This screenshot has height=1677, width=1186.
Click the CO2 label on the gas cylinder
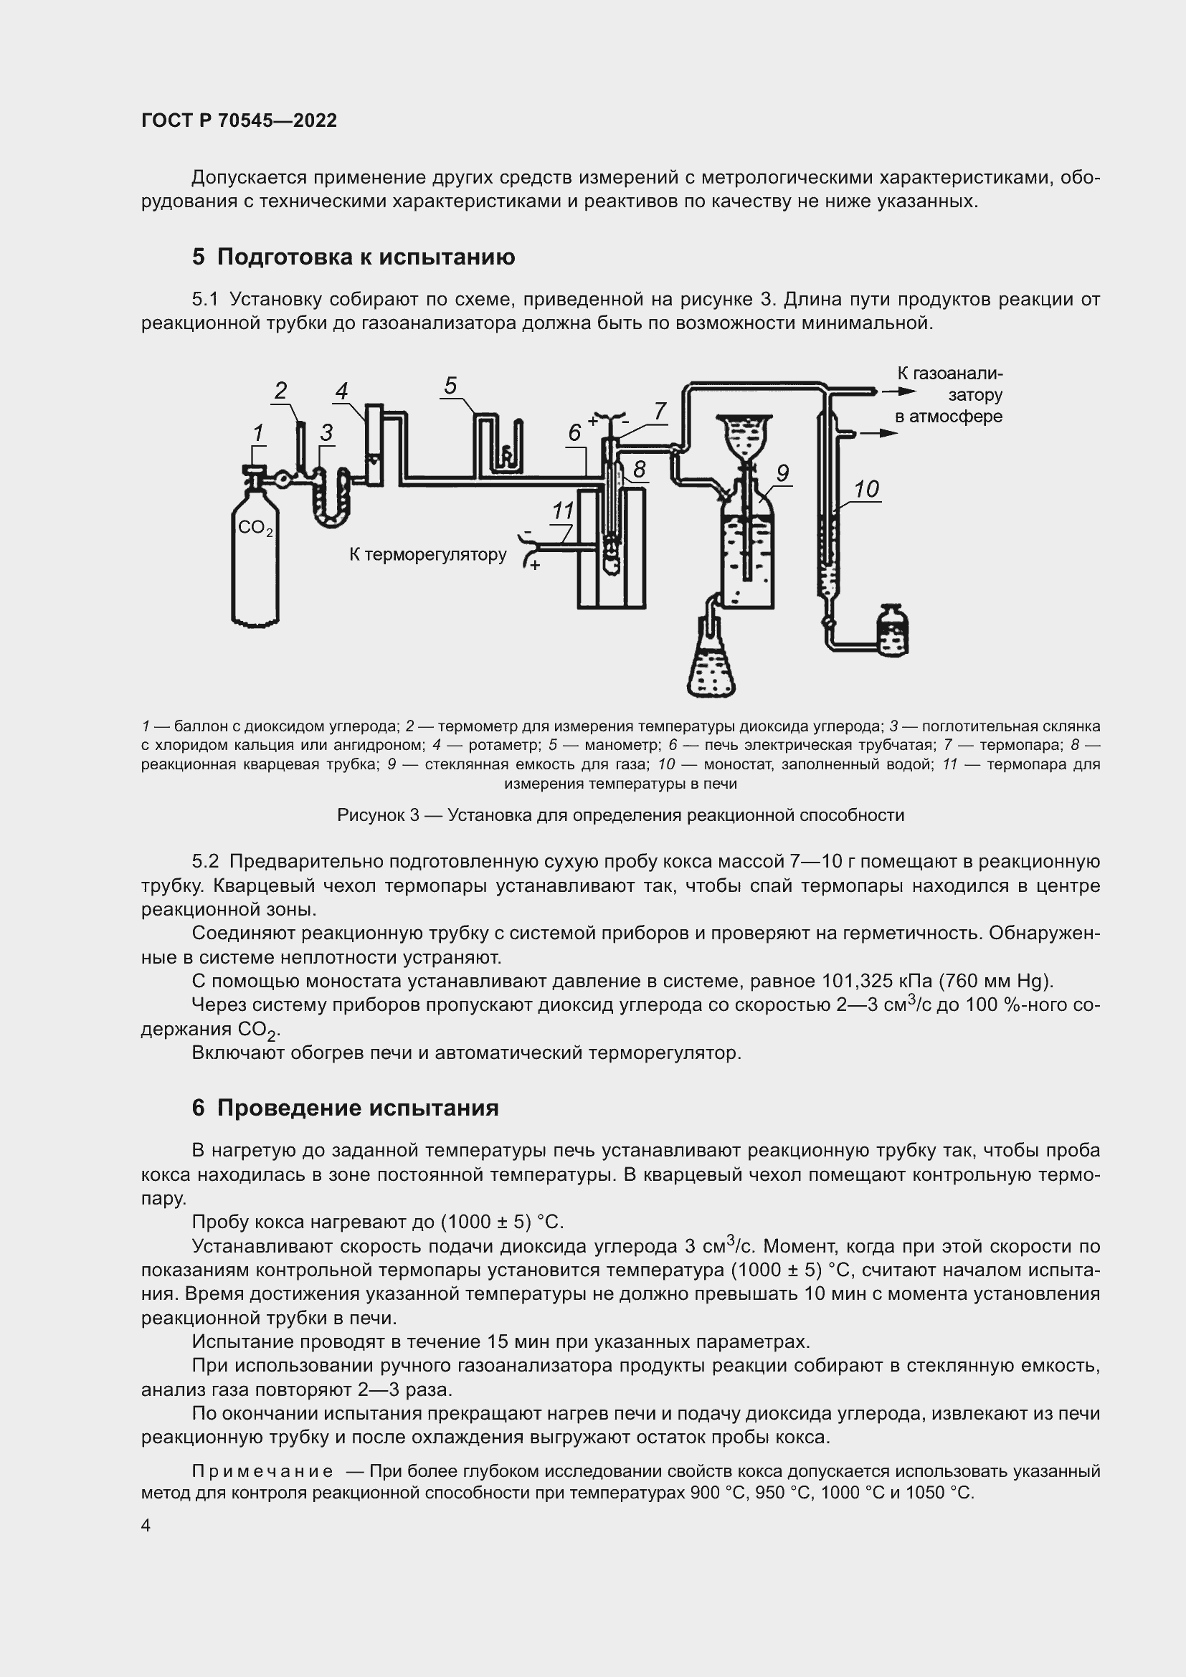[255, 528]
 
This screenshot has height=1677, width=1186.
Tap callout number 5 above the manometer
[450, 386]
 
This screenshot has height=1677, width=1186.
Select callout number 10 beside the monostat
[866, 489]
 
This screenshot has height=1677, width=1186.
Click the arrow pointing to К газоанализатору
[898, 391]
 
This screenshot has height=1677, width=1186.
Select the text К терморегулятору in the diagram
[427, 554]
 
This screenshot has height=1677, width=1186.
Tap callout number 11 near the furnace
[562, 510]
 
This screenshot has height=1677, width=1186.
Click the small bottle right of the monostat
[892, 630]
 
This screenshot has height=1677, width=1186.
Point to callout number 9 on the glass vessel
[782, 472]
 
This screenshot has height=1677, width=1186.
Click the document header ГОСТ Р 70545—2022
[239, 120]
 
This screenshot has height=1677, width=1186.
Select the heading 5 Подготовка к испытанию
[354, 257]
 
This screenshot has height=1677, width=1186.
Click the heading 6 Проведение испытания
[346, 1107]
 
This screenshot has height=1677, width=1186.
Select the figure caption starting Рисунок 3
[620, 815]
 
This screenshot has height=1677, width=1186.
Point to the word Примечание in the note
[262, 1471]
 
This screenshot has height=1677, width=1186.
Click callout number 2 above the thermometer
[281, 391]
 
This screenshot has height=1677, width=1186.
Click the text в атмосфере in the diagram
[948, 417]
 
